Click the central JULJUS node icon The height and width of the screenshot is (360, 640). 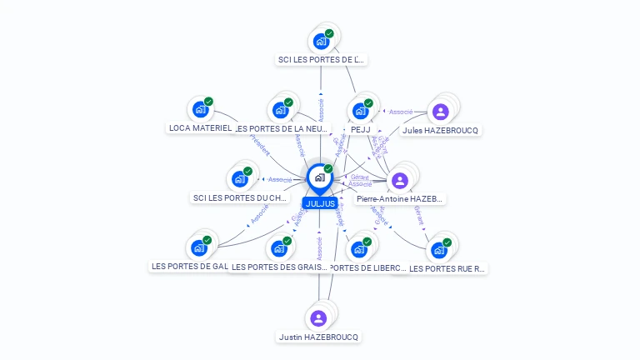pos(319,177)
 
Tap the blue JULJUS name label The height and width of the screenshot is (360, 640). pos(320,203)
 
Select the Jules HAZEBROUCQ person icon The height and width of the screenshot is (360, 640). pos(441,112)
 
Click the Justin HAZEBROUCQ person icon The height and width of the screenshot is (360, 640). pos(318,317)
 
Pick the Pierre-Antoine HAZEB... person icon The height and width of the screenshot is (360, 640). pos(400,181)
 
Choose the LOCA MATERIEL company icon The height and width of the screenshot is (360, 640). pos(199,109)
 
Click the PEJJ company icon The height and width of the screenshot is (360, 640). pos(360,110)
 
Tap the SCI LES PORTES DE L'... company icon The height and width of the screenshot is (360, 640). pos(321,41)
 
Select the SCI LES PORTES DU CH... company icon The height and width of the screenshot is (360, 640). pos(239,178)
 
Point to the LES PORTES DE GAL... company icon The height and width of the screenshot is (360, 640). pos(198,247)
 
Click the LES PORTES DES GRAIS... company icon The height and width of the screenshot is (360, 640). pos(278,248)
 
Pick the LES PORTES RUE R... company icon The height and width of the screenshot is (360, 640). pos(439,249)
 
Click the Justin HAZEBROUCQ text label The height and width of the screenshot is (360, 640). pos(319,337)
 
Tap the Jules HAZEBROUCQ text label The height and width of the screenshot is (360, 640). pos(442,131)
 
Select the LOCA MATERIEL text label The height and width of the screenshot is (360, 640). pos(200,128)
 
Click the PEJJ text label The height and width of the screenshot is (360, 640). pos(361,130)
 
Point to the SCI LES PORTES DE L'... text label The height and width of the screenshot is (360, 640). pos(322,60)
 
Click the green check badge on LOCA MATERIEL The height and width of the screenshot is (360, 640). pos(208,102)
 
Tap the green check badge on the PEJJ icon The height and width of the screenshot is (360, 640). pos(368,103)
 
